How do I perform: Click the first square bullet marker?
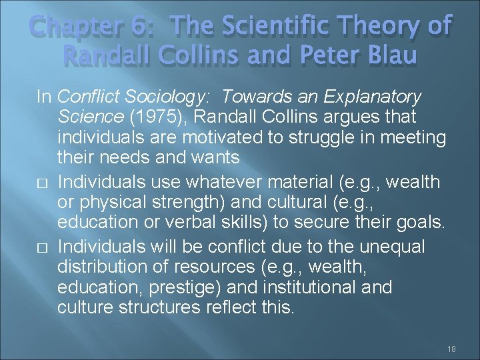(40, 181)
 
